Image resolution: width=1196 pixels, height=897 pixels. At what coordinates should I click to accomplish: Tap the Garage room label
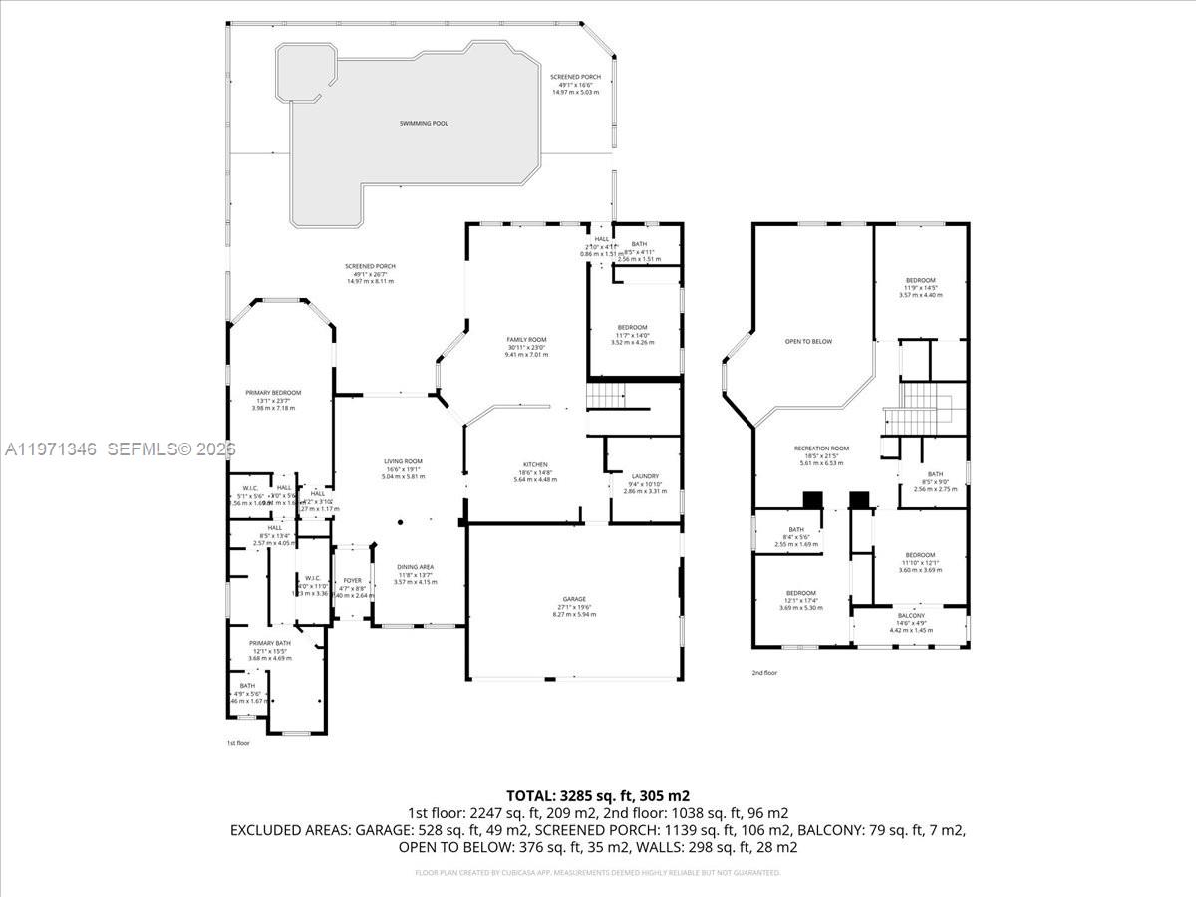[x=574, y=599]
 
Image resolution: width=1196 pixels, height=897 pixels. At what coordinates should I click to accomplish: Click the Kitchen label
[x=536, y=465]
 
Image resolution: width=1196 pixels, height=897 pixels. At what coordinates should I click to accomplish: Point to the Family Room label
[x=526, y=340]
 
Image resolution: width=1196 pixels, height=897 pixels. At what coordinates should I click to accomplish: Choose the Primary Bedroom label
[x=273, y=393]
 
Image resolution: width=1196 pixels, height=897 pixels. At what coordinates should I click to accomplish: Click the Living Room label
[x=404, y=461]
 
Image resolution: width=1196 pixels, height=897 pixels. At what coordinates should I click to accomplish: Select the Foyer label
[x=353, y=580]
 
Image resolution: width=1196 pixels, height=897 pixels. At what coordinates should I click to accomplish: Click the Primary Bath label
[x=269, y=643]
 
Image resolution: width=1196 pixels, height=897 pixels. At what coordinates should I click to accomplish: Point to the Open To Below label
[x=808, y=341]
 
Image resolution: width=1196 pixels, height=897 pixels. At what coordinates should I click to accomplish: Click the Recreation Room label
[x=821, y=448]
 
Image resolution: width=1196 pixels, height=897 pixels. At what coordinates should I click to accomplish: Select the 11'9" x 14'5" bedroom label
[x=920, y=281]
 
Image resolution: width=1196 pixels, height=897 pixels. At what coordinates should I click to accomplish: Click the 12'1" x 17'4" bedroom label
[x=800, y=593]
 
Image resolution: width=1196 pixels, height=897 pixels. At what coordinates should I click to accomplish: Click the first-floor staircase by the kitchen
[x=604, y=397]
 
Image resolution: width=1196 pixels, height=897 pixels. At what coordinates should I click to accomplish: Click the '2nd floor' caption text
[x=764, y=673]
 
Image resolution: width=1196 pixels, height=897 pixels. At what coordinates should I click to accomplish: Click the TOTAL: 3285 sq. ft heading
[x=598, y=795]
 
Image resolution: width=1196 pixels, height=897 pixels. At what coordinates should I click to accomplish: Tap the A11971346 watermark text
[x=50, y=449]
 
